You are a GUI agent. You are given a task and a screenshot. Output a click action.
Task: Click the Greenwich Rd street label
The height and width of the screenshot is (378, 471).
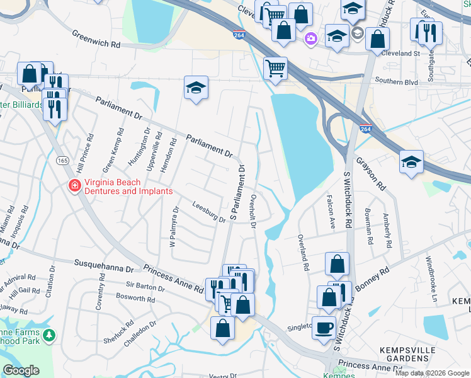coord(95,40)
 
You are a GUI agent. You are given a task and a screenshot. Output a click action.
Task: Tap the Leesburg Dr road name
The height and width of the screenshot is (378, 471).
coord(208,212)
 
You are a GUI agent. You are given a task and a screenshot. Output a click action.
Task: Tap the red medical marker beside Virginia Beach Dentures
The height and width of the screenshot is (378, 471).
coord(74,186)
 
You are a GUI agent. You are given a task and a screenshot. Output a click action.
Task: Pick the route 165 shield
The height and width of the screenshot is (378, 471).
coord(62,161)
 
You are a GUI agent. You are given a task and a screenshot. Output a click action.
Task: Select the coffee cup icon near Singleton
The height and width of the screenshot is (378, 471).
coord(324,328)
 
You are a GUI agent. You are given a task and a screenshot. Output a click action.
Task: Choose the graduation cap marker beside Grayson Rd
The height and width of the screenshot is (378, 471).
coord(411,163)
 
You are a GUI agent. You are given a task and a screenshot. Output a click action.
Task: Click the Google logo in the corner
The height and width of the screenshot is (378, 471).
coord(21,370)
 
